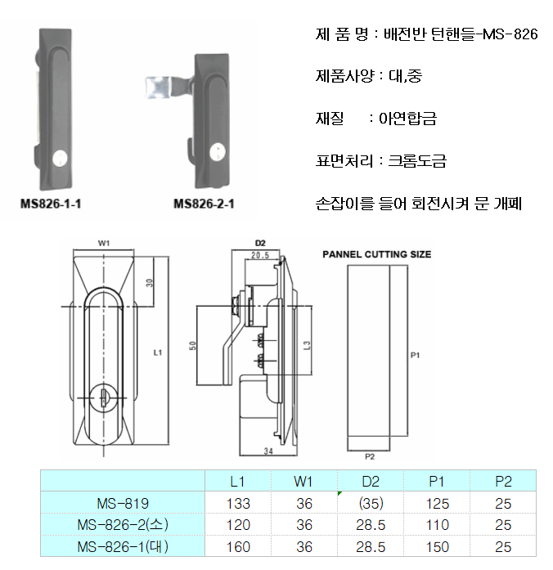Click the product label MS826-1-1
point(51,204)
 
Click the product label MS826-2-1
point(204,204)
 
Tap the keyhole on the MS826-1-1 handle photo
point(60,159)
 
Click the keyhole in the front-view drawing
point(103,397)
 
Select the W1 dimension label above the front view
point(104,243)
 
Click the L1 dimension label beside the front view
point(157,352)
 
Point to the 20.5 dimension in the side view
point(260,255)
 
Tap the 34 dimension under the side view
point(268,451)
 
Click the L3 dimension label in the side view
point(307,345)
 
